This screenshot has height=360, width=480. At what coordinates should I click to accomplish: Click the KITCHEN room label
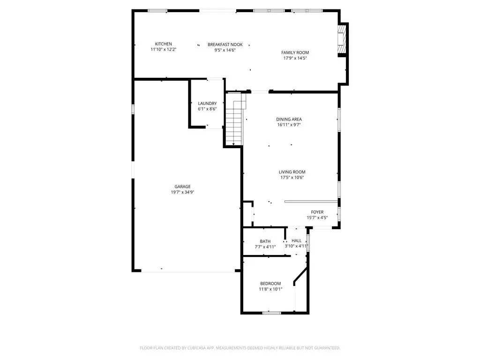coord(164,44)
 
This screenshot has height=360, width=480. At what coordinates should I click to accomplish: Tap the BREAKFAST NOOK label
coord(222,44)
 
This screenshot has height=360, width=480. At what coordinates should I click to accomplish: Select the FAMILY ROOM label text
coord(295,52)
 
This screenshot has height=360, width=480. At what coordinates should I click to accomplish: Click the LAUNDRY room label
coord(207,103)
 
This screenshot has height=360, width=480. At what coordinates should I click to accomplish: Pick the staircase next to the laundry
coord(235,120)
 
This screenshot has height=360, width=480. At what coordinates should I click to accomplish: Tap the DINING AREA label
coord(289,120)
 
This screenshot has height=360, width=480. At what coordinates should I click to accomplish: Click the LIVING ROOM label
coord(292,172)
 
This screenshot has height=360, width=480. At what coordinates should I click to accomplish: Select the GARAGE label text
coord(182,187)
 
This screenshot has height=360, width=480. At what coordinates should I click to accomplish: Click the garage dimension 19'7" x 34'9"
coord(182,192)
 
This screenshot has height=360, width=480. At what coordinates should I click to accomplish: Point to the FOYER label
coord(317,212)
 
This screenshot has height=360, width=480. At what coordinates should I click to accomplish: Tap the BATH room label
coord(265,241)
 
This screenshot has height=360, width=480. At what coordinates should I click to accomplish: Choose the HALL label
coord(297,240)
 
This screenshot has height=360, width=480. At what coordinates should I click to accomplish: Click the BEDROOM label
coord(270,284)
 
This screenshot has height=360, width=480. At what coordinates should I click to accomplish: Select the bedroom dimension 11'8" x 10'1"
coord(270,289)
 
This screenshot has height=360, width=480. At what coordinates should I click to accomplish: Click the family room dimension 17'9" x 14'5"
coord(295,58)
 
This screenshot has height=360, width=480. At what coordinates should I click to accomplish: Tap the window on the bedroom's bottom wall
coord(272,312)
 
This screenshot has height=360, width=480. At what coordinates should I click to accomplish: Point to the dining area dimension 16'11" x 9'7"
coord(289,125)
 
